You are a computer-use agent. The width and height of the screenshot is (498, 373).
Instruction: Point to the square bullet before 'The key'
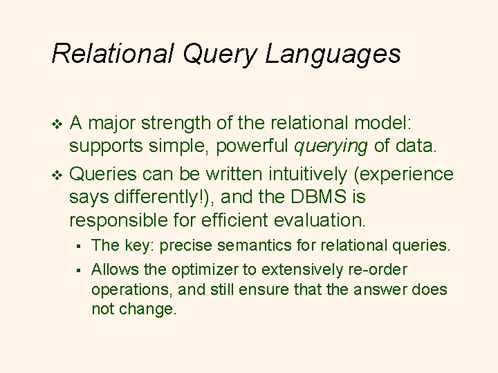80,245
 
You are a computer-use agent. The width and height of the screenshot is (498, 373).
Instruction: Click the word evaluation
322,221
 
